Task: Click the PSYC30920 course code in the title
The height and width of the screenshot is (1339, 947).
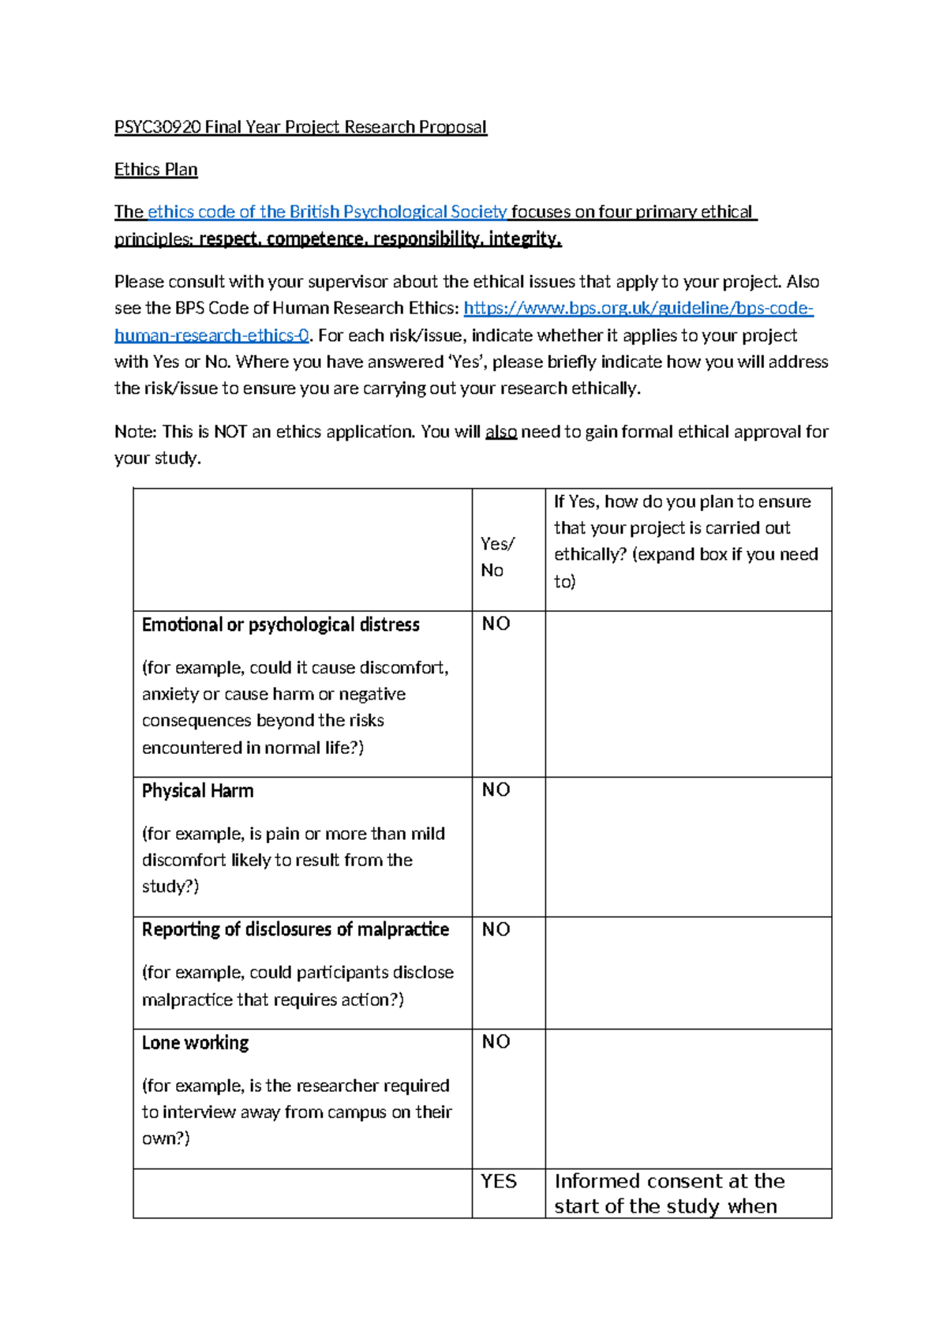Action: [157, 127]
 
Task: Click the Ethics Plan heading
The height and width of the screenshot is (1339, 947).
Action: [155, 170]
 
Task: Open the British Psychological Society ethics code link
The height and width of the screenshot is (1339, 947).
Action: [327, 212]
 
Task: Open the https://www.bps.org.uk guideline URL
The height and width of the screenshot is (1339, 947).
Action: [638, 308]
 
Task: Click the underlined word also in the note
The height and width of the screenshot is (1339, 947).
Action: [500, 432]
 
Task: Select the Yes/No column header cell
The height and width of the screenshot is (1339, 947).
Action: [497, 557]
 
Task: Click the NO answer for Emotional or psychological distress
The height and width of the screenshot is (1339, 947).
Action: [496, 624]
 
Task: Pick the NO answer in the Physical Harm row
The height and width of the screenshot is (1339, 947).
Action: [496, 790]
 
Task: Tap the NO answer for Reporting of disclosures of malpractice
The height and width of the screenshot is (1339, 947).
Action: [496, 929]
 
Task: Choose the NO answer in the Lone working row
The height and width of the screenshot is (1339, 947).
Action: [496, 1041]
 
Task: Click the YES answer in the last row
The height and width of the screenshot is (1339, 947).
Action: [499, 1181]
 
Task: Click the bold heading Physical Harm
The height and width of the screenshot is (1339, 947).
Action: [197, 790]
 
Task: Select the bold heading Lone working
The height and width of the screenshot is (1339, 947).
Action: [195, 1042]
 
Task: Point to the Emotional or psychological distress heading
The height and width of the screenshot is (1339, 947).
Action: [280, 624]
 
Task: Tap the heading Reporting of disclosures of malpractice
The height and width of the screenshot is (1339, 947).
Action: [295, 929]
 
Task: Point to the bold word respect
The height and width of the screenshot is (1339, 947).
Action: [230, 238]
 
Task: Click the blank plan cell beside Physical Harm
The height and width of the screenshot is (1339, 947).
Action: [687, 846]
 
